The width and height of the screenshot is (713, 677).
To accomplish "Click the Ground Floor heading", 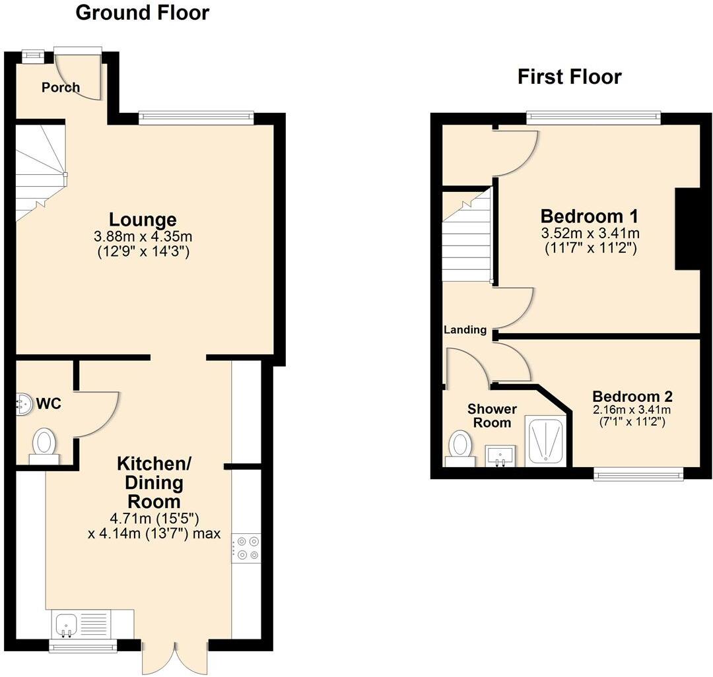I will (x=143, y=13).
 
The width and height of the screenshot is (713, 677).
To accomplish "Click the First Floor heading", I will (x=569, y=77).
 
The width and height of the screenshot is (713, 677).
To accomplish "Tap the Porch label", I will (x=61, y=87).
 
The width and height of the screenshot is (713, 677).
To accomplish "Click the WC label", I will (x=49, y=403).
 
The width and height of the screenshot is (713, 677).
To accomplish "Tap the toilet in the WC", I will (x=45, y=441).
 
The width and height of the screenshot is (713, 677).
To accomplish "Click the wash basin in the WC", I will (x=24, y=404).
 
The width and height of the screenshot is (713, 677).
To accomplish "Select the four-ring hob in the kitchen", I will (x=246, y=548).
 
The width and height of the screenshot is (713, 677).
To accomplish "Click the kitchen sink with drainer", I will (x=80, y=624).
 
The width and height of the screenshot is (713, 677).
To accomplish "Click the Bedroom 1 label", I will (x=590, y=216).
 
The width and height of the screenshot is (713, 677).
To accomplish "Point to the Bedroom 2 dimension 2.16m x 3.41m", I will (x=632, y=409).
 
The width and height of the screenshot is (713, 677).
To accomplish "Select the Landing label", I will (x=465, y=330).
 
